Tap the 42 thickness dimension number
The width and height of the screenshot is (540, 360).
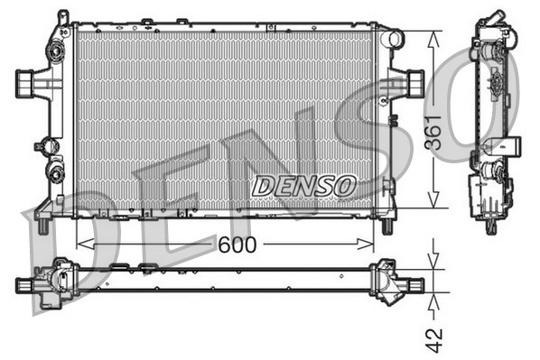coord(435,338)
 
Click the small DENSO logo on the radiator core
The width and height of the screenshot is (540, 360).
coord(303,186)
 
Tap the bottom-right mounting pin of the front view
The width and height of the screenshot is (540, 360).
coord(389,222)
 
